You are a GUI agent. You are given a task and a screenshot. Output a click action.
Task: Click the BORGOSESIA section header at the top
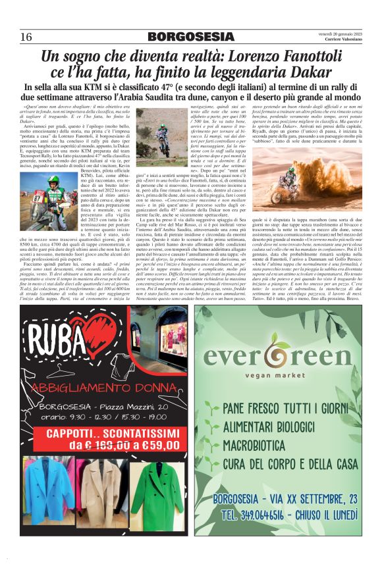[x=191, y=36]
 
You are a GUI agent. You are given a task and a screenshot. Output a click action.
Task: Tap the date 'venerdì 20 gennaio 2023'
[x=339, y=32]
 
